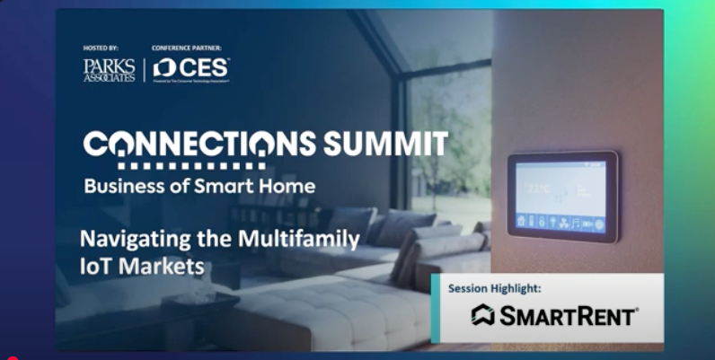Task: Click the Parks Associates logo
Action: (109, 70)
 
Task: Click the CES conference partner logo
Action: (191, 69)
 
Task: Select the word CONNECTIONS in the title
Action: (198, 144)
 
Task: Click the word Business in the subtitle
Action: (122, 187)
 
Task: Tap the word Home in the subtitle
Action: (289, 187)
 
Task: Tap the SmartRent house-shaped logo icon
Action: (483, 315)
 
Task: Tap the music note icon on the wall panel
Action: (574, 222)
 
